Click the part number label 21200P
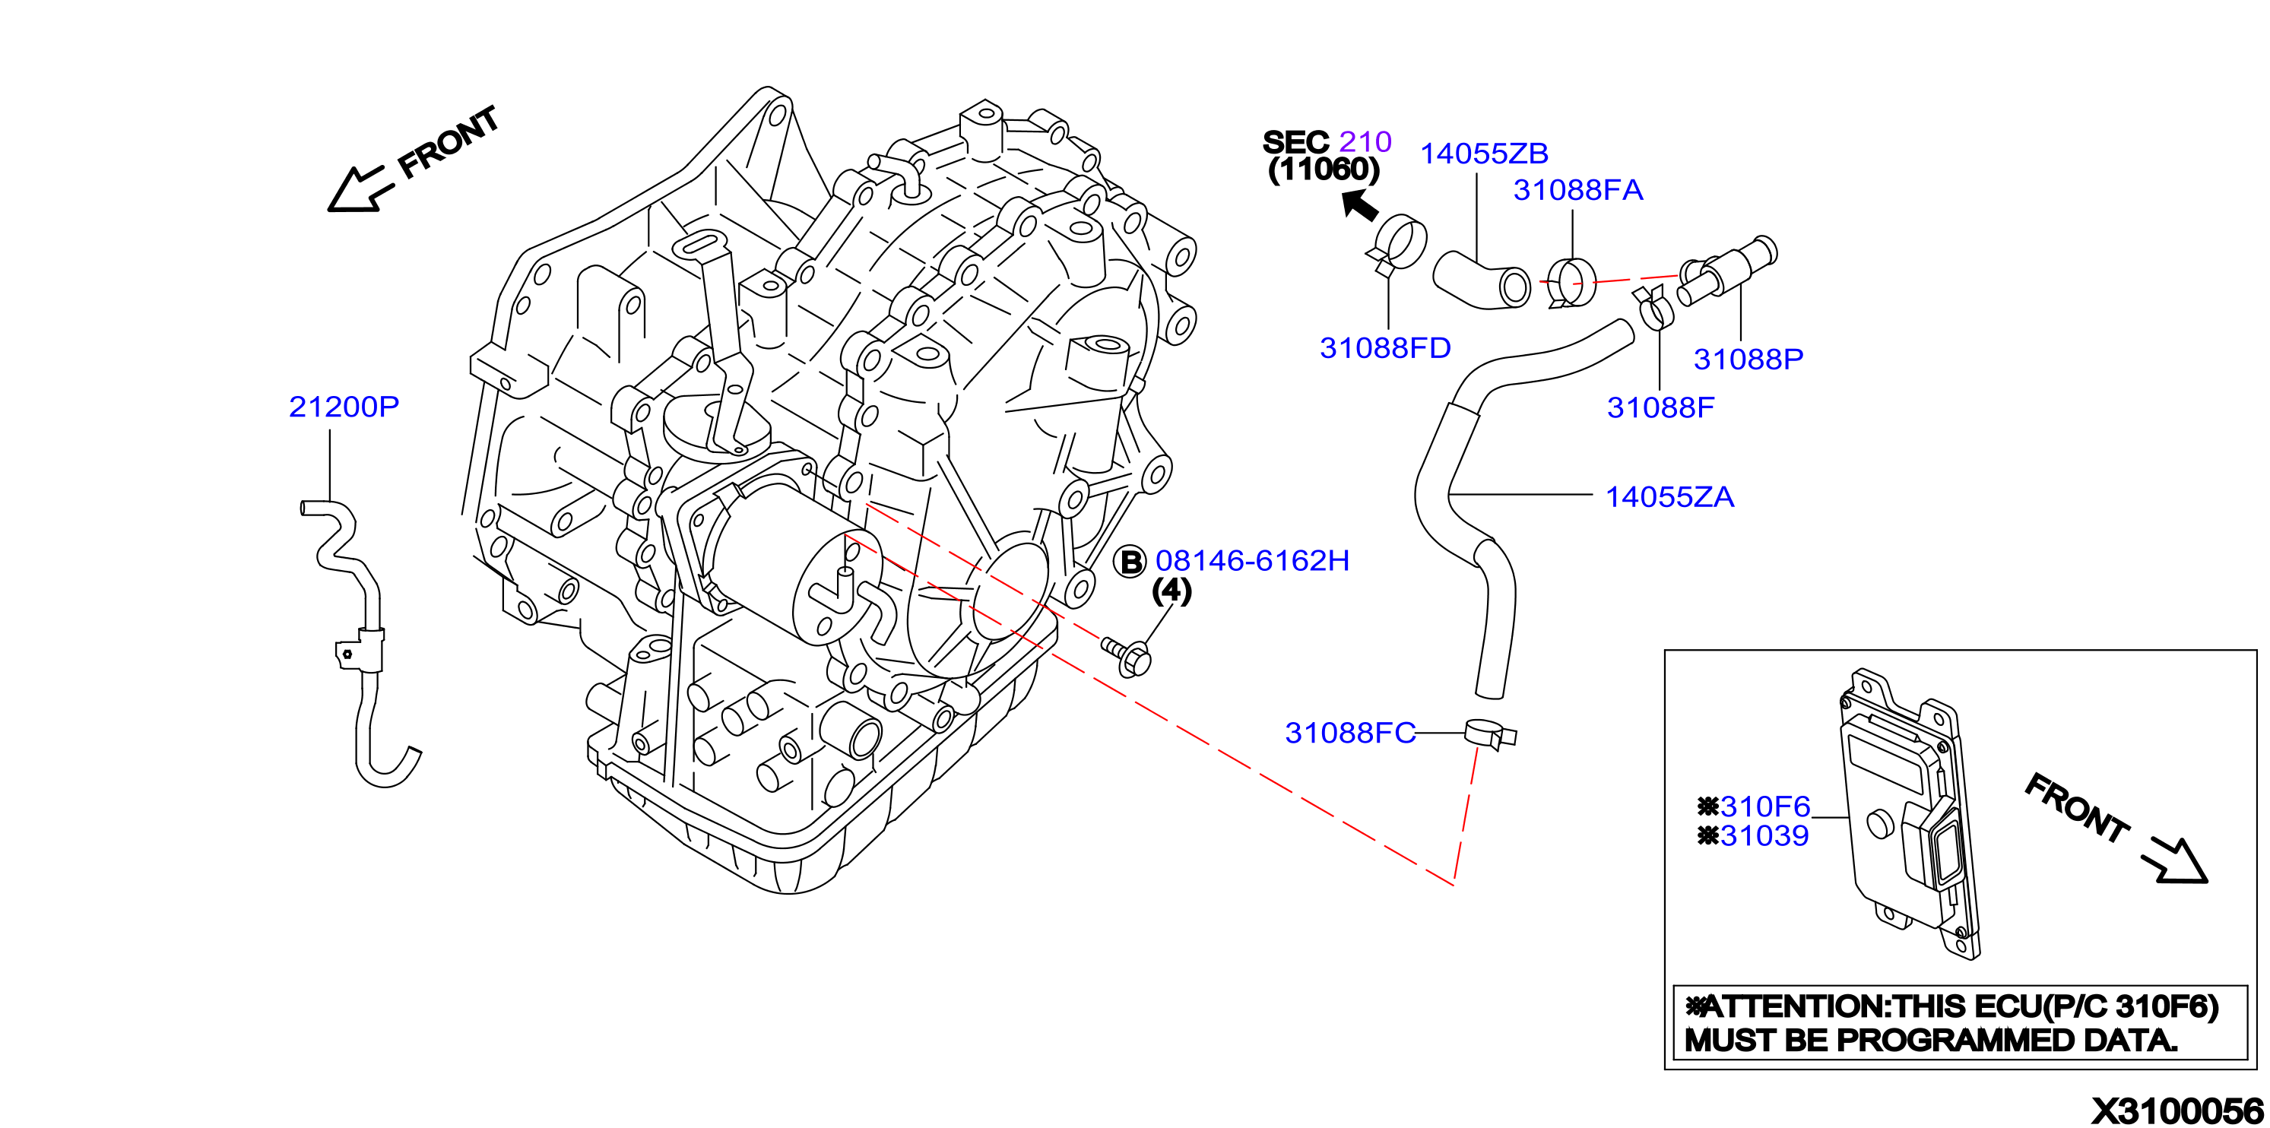pyautogui.click(x=344, y=406)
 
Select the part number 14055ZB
pyautogui.click(x=1484, y=154)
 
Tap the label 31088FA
pyautogui.click(x=1577, y=189)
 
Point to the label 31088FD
pyautogui.click(x=1384, y=348)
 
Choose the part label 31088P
pyautogui.click(x=1748, y=359)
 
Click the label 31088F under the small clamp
pyautogui.click(x=1660, y=407)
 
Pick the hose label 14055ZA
pyautogui.click(x=1669, y=497)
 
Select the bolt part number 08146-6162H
pyautogui.click(x=1252, y=560)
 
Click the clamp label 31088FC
pyautogui.click(x=1349, y=732)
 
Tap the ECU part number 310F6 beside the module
pyautogui.click(x=1765, y=806)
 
